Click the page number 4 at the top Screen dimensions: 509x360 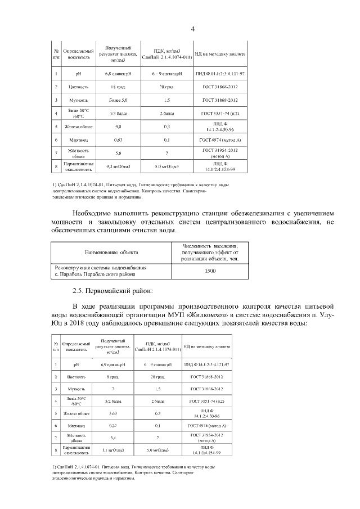click(x=193, y=29)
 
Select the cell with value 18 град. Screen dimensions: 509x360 click(x=118, y=87)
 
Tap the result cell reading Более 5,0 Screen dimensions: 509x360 click(x=118, y=100)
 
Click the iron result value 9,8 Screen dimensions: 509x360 click(x=118, y=127)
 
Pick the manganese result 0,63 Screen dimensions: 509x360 click(x=118, y=139)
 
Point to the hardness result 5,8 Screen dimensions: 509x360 click(x=118, y=153)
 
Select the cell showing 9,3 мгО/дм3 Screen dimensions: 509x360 click(x=118, y=166)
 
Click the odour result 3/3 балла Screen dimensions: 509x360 click(x=118, y=114)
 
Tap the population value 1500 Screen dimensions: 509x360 click(x=210, y=271)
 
